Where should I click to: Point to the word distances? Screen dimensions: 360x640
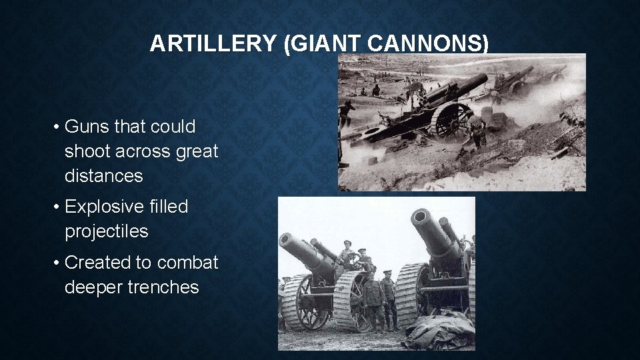point(104,176)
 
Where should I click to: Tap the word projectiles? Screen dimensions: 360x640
point(107,231)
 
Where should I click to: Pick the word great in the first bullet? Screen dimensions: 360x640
point(197,151)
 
